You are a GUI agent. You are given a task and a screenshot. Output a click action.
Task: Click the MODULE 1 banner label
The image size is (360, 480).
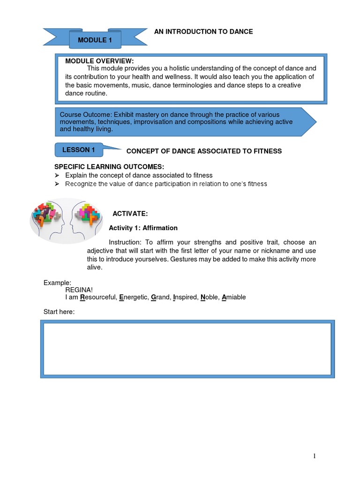point(95,40)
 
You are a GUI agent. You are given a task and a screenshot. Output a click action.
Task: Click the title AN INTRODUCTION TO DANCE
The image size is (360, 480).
point(203,31)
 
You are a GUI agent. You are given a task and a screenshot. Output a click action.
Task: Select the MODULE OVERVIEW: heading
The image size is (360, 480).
point(99,61)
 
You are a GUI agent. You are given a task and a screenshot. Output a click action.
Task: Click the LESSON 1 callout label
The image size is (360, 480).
point(79,150)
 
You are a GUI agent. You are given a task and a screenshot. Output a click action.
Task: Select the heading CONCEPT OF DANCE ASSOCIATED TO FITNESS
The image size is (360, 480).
point(204,151)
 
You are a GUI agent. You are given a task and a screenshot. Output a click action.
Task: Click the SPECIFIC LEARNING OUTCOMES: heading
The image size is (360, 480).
point(109,167)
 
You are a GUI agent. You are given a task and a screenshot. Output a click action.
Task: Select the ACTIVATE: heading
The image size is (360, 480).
point(130,214)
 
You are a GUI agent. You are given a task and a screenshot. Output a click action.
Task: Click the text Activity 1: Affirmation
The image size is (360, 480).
point(143,228)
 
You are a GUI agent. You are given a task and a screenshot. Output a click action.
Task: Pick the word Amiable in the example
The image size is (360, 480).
point(233,297)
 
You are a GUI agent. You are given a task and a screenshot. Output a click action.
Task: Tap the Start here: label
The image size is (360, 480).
point(59,312)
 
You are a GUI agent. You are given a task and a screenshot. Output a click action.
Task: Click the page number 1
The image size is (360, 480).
point(315,456)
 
